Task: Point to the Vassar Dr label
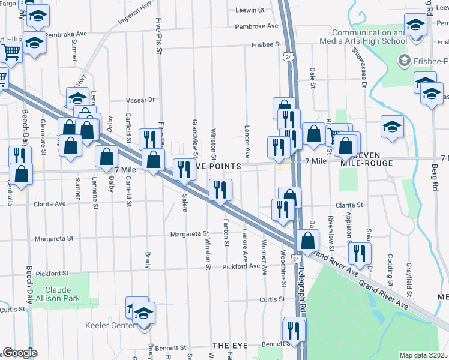point(140,100)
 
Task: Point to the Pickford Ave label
point(241,266)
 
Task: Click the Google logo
point(20,353)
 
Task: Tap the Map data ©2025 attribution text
point(423,355)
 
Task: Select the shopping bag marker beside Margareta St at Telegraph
point(307,240)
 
